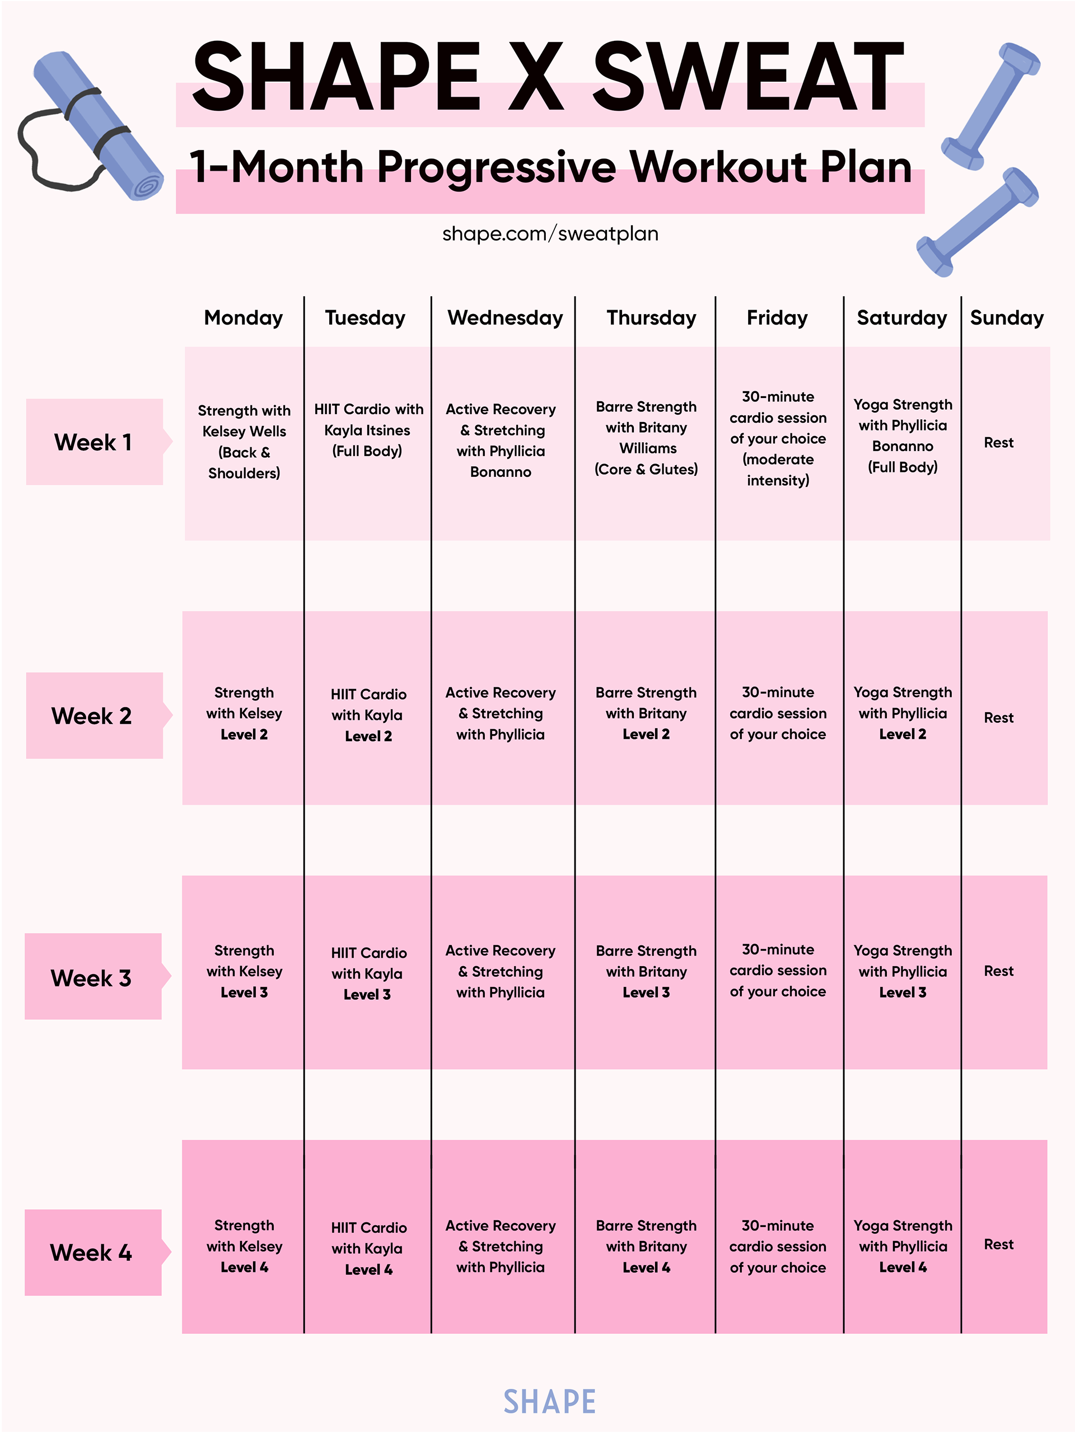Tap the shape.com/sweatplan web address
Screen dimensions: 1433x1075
tap(550, 234)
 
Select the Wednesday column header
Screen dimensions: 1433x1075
tap(505, 318)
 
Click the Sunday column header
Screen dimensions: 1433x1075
tap(1006, 318)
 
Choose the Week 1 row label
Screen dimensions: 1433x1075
tap(94, 442)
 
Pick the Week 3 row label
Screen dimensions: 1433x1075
tap(91, 977)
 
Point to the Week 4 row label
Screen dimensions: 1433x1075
tap(91, 1252)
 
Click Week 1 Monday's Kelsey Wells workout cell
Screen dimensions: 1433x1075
tap(244, 442)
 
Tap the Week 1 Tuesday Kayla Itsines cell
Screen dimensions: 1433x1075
tap(368, 430)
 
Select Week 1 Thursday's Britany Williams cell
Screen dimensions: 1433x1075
tap(646, 438)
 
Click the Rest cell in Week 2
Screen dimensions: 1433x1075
tap(998, 718)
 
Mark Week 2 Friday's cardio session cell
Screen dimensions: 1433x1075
tap(778, 713)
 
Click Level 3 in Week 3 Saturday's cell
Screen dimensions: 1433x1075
tap(903, 992)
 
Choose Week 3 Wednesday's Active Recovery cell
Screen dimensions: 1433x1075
tap(500, 972)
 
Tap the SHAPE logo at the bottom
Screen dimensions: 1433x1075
tap(549, 1402)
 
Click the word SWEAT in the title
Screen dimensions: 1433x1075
tap(748, 78)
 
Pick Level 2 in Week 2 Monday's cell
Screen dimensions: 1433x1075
tap(244, 734)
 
